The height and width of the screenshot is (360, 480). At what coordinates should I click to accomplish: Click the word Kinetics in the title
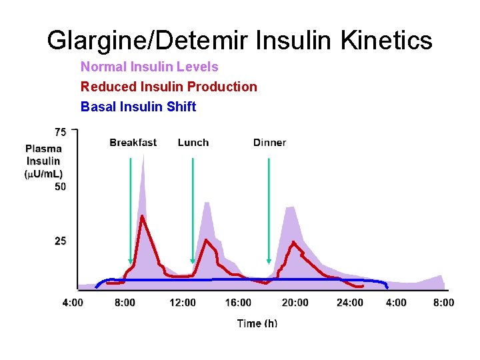(x=387, y=41)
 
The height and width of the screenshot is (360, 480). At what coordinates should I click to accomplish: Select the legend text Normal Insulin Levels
(x=149, y=67)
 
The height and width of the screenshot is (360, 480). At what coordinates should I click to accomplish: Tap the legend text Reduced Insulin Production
(x=169, y=87)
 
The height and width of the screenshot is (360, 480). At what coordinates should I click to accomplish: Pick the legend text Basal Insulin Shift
(x=138, y=107)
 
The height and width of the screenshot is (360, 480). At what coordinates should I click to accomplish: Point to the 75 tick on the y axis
(x=61, y=131)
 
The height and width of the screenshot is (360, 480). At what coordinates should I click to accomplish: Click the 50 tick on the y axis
(x=61, y=187)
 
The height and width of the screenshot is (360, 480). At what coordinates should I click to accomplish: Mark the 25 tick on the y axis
(x=61, y=241)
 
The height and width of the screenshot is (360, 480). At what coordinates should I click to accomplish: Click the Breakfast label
(x=133, y=143)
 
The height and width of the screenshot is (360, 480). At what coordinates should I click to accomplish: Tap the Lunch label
(x=193, y=143)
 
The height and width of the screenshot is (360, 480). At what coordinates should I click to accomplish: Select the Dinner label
(x=269, y=143)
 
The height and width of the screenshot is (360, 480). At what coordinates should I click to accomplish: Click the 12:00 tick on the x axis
(x=183, y=303)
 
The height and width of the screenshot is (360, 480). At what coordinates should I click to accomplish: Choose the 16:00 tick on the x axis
(x=238, y=303)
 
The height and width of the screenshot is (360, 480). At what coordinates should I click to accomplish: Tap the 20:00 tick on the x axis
(x=295, y=303)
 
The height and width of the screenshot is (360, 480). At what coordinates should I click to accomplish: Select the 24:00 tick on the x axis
(x=350, y=303)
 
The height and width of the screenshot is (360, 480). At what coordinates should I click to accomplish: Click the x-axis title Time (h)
(x=257, y=323)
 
